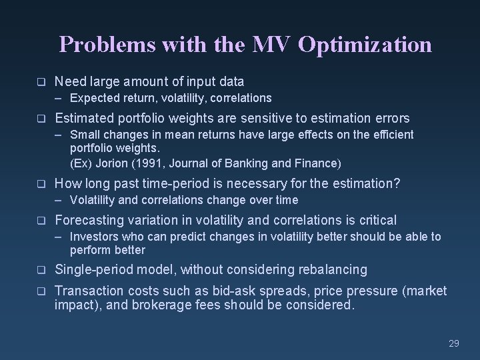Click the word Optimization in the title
(365, 45)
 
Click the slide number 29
(454, 343)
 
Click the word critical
(375, 220)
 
